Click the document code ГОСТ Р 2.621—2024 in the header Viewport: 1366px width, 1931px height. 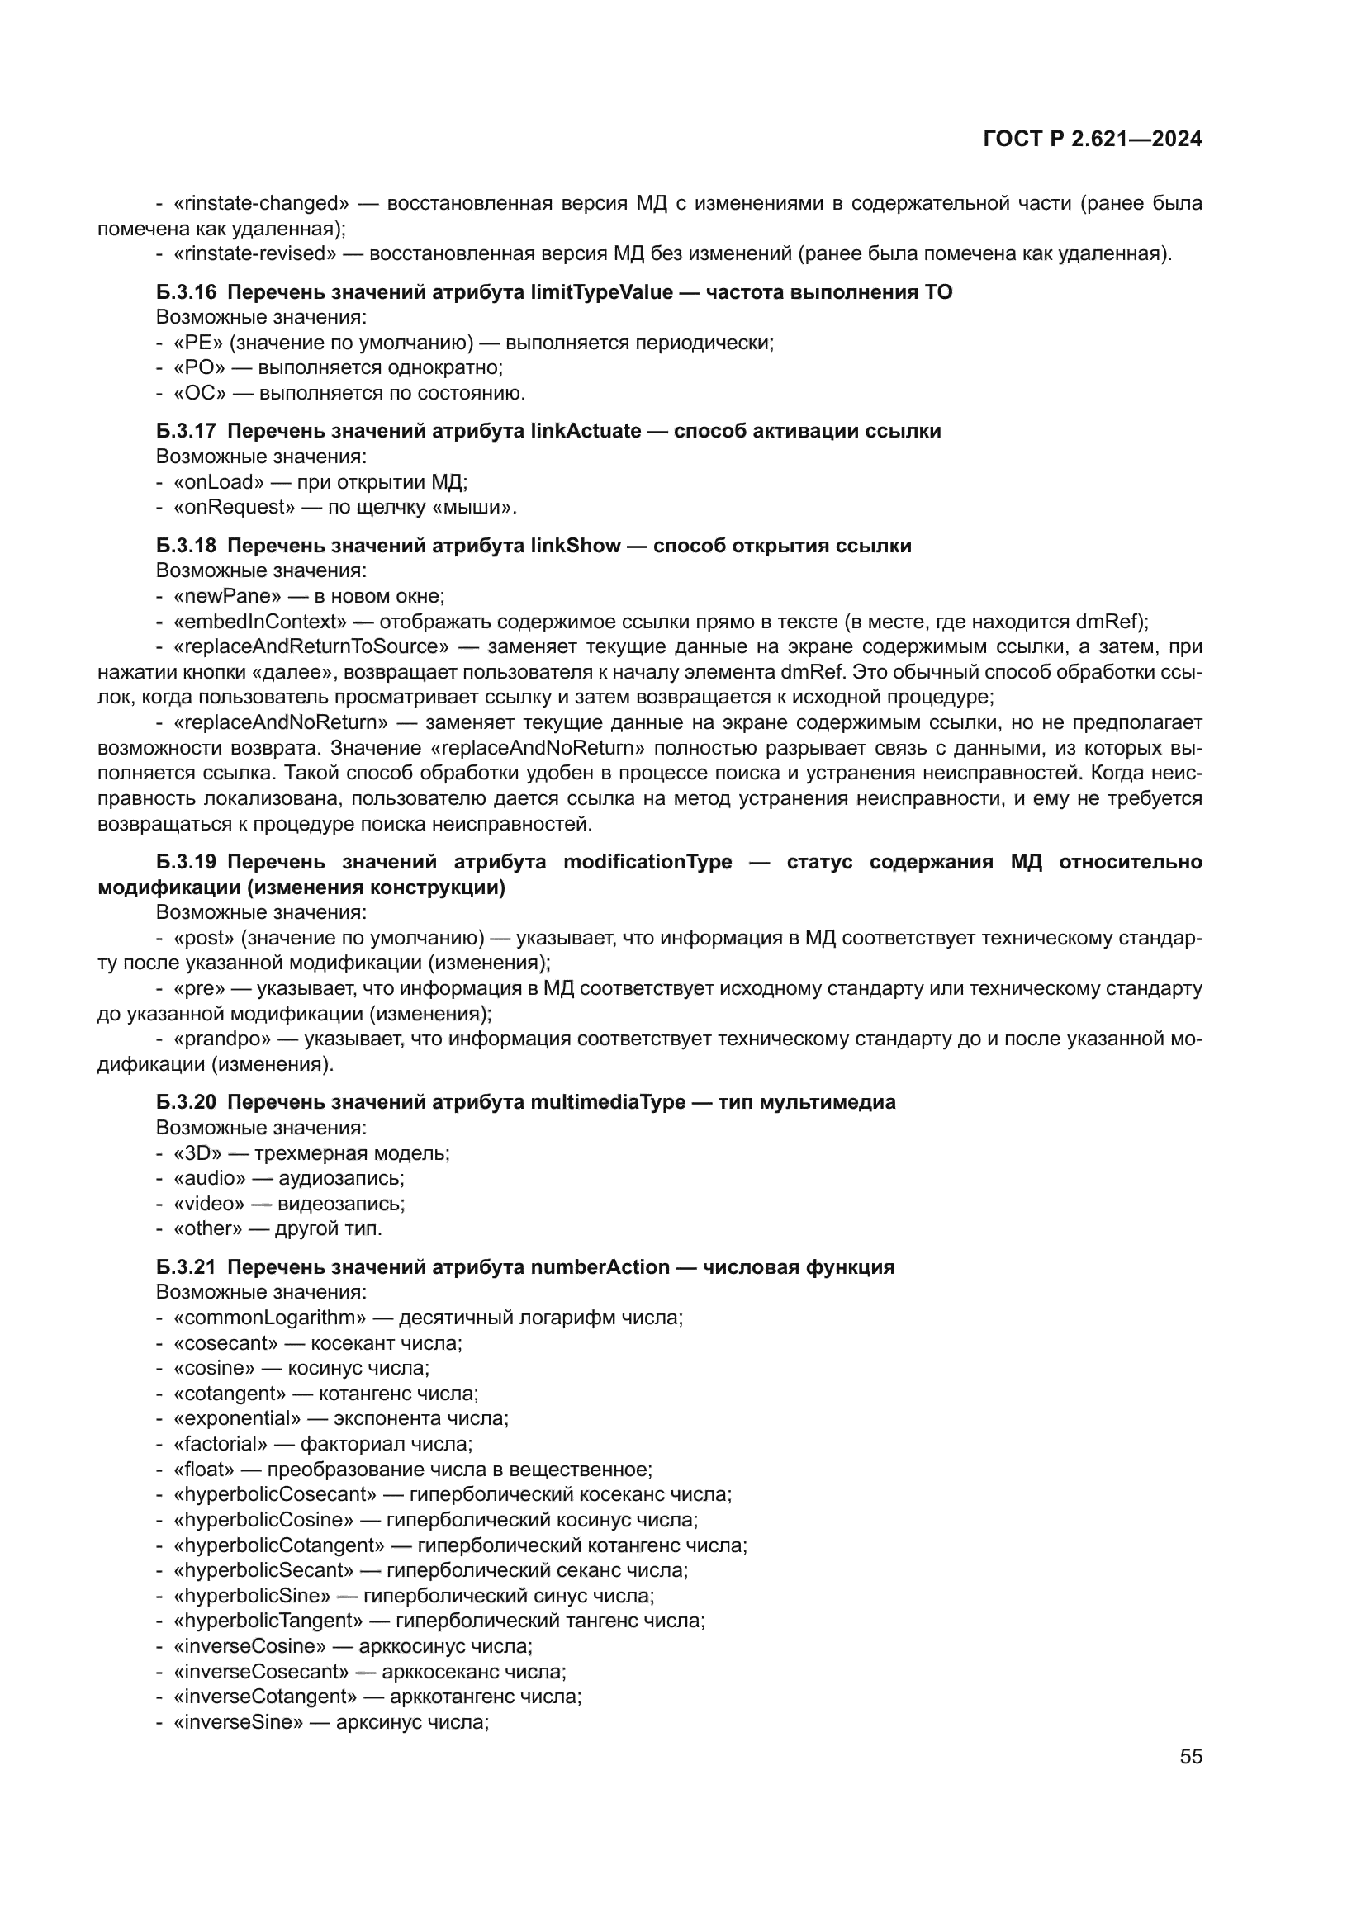(x=1092, y=140)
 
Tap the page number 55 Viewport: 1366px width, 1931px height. (x=1190, y=1756)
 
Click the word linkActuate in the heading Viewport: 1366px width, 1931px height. (x=586, y=432)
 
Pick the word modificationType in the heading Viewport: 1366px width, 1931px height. (x=647, y=862)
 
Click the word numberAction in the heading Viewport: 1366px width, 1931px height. (x=600, y=1267)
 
